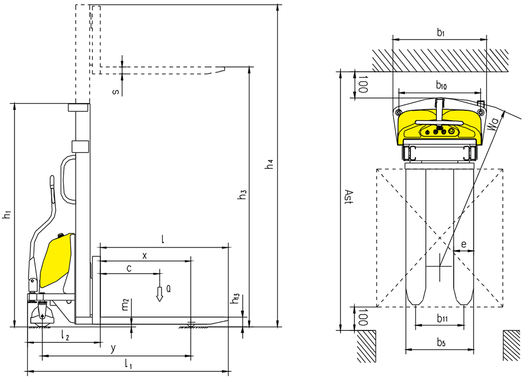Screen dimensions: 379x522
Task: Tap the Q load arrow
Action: pyautogui.click(x=160, y=295)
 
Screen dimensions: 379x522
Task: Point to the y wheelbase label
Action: pyautogui.click(x=113, y=348)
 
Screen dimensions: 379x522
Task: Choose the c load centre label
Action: pyautogui.click(x=128, y=268)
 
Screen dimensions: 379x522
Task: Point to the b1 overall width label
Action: pyautogui.click(x=440, y=33)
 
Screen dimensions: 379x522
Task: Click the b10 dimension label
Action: pyautogui.click(x=441, y=85)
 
